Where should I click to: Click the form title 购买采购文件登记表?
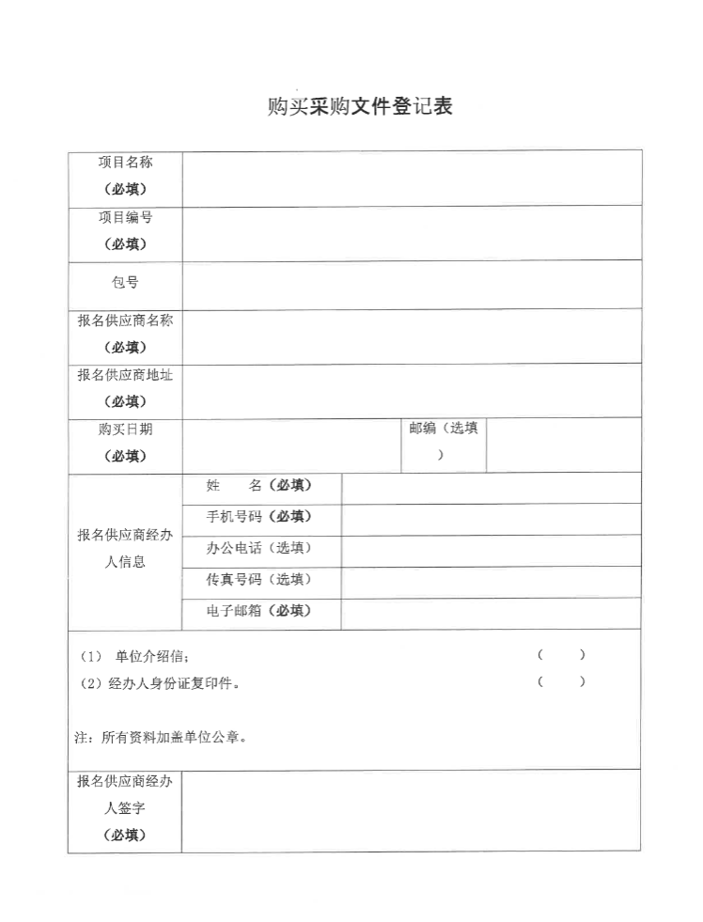(x=360, y=107)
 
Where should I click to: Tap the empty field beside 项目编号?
(x=412, y=232)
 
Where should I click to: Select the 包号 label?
(x=125, y=283)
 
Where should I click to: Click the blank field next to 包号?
(x=412, y=284)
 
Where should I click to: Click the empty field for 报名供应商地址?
(x=412, y=389)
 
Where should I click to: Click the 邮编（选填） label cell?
(x=443, y=442)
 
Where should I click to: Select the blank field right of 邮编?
(x=564, y=444)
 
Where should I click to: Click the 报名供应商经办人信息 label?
(x=125, y=549)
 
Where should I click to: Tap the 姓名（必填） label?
(x=259, y=486)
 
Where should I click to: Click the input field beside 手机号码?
(x=491, y=519)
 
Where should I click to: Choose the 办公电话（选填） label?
(x=259, y=548)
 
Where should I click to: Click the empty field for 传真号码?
(x=491, y=582)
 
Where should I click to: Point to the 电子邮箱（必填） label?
(x=259, y=612)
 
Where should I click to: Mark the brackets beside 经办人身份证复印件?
(x=562, y=682)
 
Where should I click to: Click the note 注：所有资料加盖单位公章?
(x=162, y=738)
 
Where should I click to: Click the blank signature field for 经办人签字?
(x=412, y=810)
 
